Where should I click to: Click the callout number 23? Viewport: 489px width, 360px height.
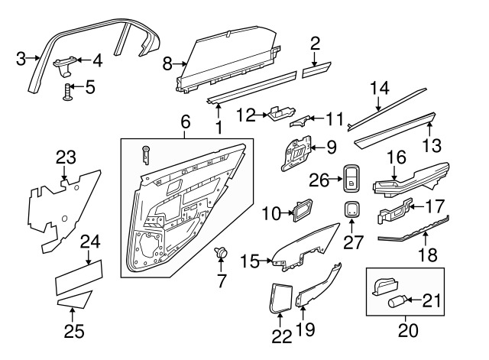66,158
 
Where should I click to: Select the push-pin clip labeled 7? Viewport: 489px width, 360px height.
221,252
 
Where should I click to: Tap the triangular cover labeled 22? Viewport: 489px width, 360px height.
280,296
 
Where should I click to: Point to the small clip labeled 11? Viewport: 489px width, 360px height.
303,120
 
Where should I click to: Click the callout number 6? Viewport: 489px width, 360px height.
183,122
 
